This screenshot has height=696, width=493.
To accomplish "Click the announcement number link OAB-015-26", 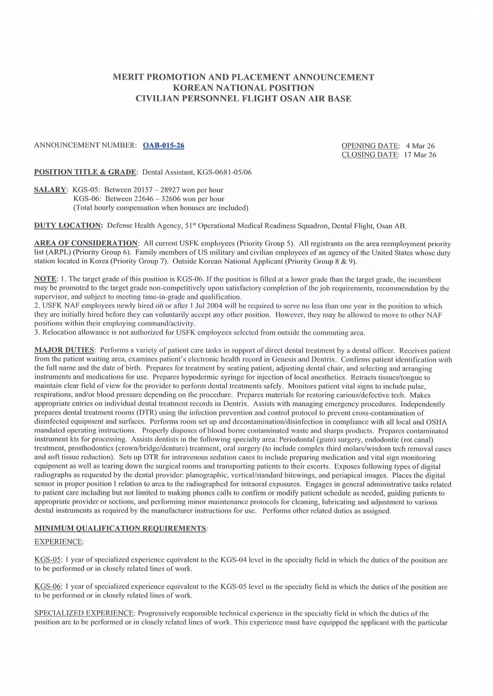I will coord(164,146).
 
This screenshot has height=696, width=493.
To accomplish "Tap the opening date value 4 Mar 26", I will coord(420,146).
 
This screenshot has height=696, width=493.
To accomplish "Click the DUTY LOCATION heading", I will coord(68,225).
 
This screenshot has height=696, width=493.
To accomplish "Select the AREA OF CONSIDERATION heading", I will coord(86,243).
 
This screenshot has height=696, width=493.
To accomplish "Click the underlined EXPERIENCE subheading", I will coord(59,542).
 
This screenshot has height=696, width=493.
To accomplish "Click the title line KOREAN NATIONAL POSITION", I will coord(243,88).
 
